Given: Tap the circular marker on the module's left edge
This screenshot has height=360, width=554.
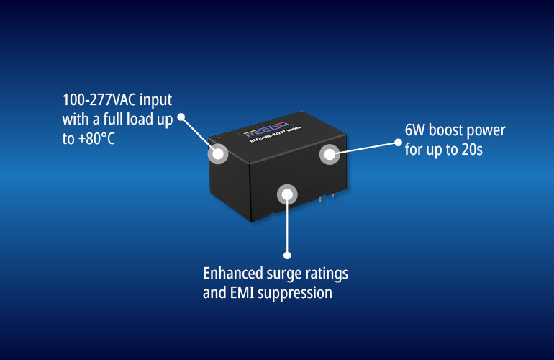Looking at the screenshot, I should [217, 153].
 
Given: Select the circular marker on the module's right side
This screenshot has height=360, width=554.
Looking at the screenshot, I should [329, 153].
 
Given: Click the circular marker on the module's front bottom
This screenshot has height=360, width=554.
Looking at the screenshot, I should [288, 194].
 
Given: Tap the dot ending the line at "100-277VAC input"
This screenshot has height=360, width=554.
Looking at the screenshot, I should [181, 116].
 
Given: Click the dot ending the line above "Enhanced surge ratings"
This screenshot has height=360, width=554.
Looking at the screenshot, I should [288, 255].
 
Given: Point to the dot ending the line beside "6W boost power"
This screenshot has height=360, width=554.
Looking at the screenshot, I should [401, 142].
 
